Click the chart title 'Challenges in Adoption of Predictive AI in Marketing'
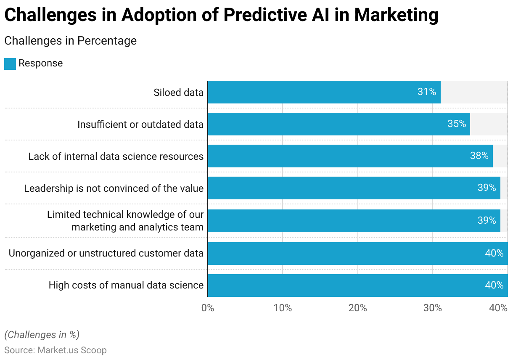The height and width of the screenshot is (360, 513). (221, 15)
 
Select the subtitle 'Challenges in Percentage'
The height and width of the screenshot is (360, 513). (70, 41)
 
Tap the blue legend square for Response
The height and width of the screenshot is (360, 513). (10, 64)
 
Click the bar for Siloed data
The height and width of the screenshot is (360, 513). (324, 92)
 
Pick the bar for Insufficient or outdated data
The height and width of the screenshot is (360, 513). (338, 124)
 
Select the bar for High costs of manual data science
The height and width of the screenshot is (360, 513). (357, 286)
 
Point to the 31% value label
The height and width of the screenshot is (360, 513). (426, 92)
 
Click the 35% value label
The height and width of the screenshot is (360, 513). (457, 124)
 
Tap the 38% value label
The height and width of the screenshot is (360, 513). (479, 156)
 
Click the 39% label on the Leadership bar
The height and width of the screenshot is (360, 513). (487, 188)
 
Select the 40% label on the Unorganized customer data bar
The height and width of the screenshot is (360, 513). (494, 253)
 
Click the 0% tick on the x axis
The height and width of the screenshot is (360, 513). (208, 308)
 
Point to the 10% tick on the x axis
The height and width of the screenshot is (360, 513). (283, 308)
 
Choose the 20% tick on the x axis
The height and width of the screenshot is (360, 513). (357, 308)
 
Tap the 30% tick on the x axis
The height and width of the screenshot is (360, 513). (433, 308)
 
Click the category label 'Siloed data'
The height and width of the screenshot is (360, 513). (178, 93)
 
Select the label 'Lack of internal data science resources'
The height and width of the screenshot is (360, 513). (116, 156)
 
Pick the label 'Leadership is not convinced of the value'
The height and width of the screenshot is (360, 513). (114, 188)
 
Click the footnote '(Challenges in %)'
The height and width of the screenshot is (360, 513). (42, 335)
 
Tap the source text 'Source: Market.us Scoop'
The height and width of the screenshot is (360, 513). (56, 350)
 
